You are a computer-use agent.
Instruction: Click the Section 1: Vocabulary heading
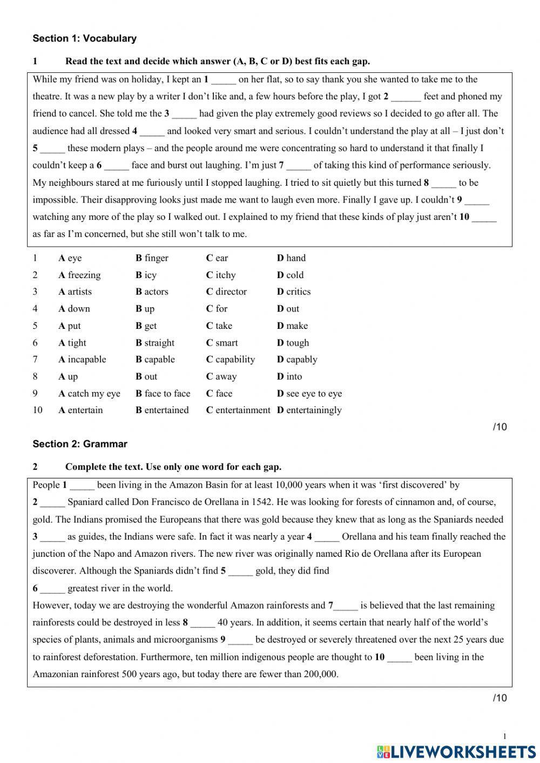pos(84,38)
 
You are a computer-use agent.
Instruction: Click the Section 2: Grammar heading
pos(80,444)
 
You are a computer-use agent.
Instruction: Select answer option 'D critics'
pos(294,292)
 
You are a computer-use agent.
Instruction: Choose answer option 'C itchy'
pos(221,275)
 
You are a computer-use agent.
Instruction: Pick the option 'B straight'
pos(155,343)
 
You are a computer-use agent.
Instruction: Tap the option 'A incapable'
pos(82,360)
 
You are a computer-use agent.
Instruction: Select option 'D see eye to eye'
pos(309,394)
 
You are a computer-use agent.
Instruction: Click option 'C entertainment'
pos(238,410)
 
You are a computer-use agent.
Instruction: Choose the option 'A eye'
pos(70,258)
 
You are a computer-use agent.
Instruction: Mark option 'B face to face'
pos(163,394)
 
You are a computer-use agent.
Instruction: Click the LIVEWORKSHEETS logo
pos(456,751)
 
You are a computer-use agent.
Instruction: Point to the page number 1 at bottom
pos(504,737)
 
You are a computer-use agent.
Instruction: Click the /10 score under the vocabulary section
pos(500,427)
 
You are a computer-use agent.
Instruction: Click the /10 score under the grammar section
pos(500,698)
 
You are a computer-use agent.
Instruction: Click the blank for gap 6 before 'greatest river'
pos(52,589)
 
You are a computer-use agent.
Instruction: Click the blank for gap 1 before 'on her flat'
pos(224,80)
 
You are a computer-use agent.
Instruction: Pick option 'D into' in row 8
pos(289,377)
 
